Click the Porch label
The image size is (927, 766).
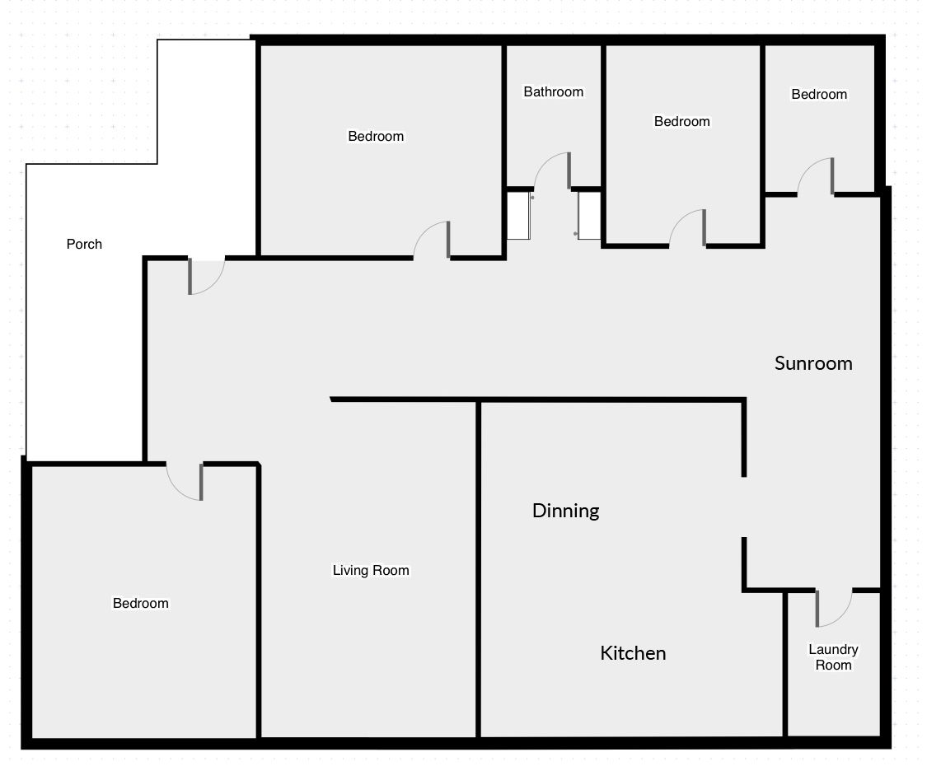(x=84, y=244)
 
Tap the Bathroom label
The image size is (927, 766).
(x=554, y=91)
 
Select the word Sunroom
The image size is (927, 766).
(x=813, y=363)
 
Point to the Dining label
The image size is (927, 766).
(x=566, y=511)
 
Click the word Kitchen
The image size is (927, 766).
(x=633, y=653)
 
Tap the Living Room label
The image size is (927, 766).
(x=371, y=570)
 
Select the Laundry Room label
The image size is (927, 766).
(x=834, y=657)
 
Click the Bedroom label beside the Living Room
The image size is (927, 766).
(x=141, y=604)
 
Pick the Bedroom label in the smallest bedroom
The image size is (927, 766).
(x=819, y=95)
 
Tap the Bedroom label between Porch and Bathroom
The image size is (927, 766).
(x=376, y=137)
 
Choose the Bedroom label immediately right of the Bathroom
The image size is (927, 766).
(x=681, y=122)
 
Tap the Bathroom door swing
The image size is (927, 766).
(x=552, y=170)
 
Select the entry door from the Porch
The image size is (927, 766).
(x=206, y=276)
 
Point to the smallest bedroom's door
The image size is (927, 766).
(x=816, y=176)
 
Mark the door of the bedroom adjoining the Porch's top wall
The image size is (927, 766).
(x=432, y=241)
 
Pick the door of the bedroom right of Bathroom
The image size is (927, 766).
(x=687, y=228)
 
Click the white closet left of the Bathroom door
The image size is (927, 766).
(x=518, y=216)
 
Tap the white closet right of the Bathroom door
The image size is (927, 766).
(x=589, y=216)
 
